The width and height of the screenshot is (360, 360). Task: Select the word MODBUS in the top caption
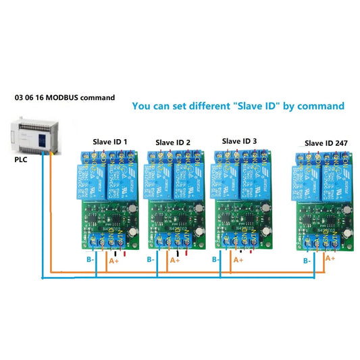point(65,97)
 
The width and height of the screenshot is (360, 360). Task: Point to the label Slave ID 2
point(173,143)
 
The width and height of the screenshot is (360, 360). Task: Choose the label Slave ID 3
point(239,140)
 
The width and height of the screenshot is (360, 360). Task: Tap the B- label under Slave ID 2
point(152,259)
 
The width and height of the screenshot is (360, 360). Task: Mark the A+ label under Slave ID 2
point(175,260)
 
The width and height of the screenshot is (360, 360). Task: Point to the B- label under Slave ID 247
point(307,260)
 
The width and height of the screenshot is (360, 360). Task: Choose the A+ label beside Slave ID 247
point(330,258)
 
